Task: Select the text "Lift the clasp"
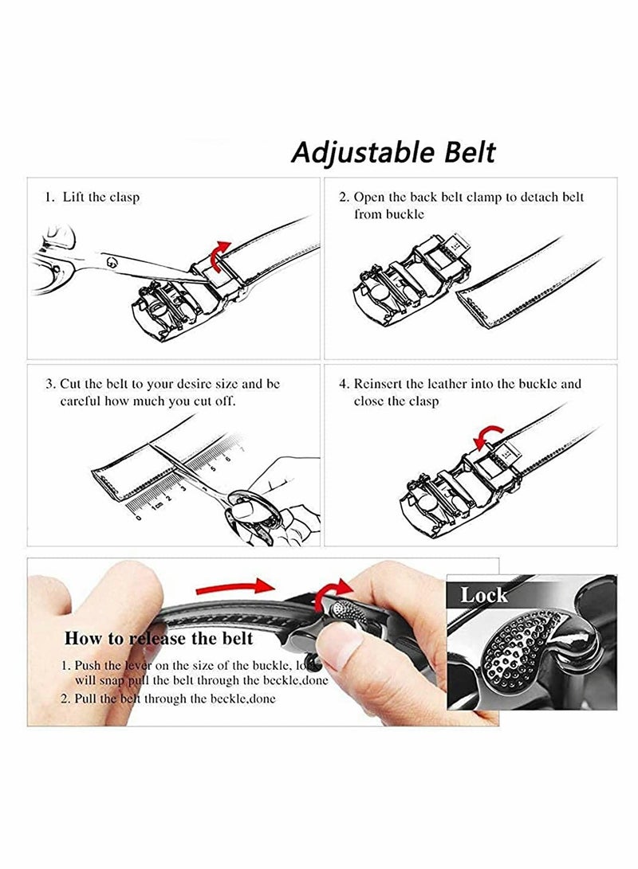101,197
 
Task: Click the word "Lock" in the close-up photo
484,595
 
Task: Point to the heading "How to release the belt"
158,638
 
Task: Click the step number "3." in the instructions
49,384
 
